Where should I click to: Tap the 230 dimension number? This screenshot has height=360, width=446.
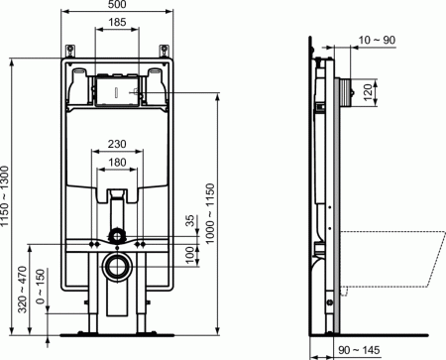(x=118, y=143)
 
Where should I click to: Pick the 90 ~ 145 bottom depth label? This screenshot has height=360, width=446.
(x=359, y=348)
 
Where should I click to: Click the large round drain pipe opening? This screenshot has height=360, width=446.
(x=118, y=268)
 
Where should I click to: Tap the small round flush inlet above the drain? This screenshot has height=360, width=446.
(x=118, y=238)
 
